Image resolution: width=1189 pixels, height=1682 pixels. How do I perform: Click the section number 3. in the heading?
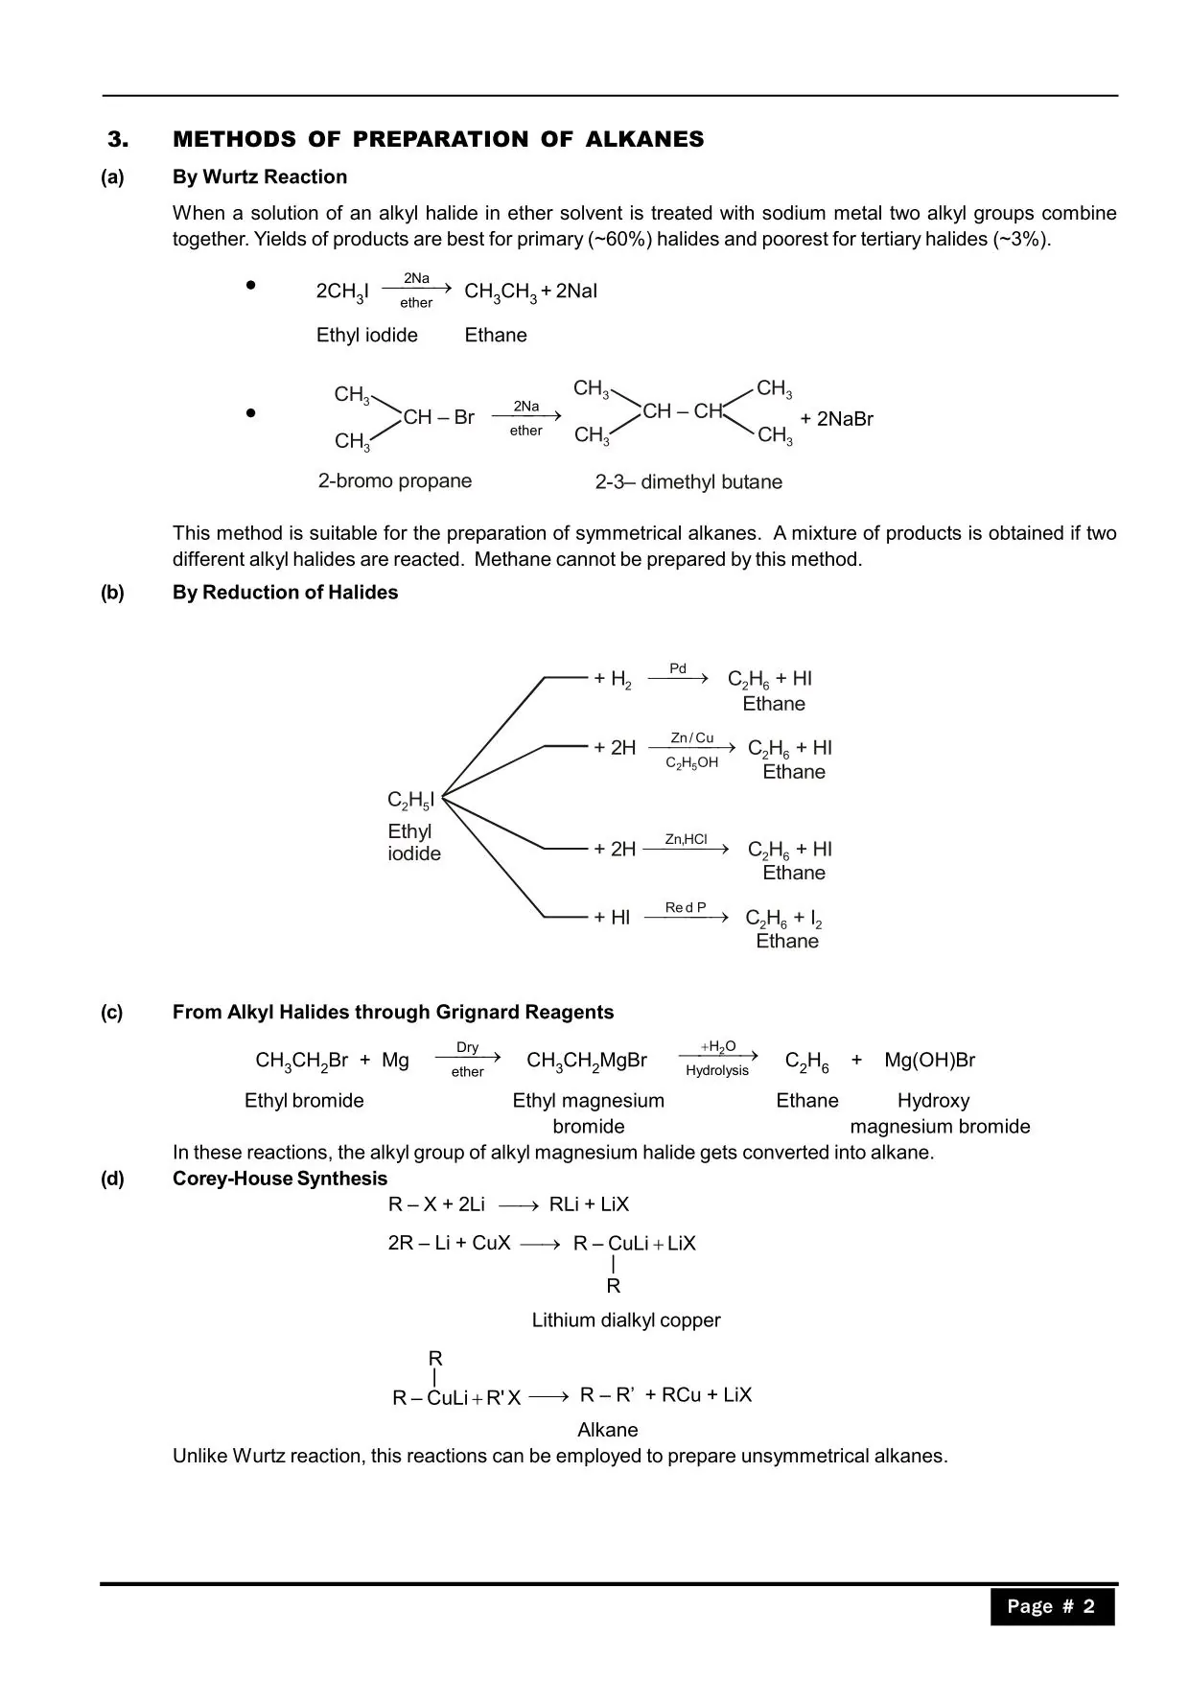[117, 140]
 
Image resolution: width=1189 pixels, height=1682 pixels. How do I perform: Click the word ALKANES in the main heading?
[644, 140]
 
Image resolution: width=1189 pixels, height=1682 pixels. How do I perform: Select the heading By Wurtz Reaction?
[260, 177]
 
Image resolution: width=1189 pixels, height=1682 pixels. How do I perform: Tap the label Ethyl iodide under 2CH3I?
[367, 336]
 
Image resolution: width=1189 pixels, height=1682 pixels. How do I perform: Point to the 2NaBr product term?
[837, 419]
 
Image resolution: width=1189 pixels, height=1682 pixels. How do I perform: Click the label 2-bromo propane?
[395, 481]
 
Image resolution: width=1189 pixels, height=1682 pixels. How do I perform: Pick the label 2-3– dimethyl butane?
[688, 482]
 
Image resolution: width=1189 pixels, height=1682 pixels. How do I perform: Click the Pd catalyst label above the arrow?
[678, 669]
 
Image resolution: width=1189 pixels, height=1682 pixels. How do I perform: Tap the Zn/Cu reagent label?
[691, 738]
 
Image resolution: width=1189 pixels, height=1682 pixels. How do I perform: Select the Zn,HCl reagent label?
[686, 840]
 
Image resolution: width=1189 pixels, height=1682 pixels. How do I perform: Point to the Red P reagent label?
[686, 908]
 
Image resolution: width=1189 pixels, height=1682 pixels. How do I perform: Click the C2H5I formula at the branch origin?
[410, 801]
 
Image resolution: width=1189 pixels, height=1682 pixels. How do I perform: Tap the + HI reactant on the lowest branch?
[612, 918]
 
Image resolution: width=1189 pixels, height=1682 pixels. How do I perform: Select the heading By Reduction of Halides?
[285, 593]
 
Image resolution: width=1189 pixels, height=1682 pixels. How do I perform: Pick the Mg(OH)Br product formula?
[929, 1061]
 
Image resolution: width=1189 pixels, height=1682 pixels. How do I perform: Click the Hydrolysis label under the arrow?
[717, 1071]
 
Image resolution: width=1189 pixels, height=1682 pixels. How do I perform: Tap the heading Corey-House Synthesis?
[280, 1180]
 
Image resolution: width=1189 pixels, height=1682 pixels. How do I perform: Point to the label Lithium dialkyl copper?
[626, 1320]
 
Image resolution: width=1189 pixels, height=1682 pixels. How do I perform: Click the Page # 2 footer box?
[1052, 1606]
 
